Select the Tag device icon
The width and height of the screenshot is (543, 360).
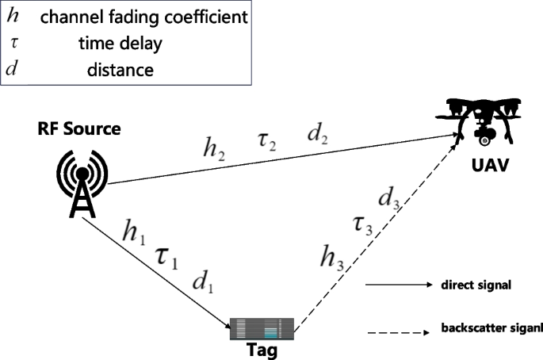pyautogui.click(x=262, y=327)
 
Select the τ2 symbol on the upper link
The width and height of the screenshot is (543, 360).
pyautogui.click(x=266, y=143)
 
